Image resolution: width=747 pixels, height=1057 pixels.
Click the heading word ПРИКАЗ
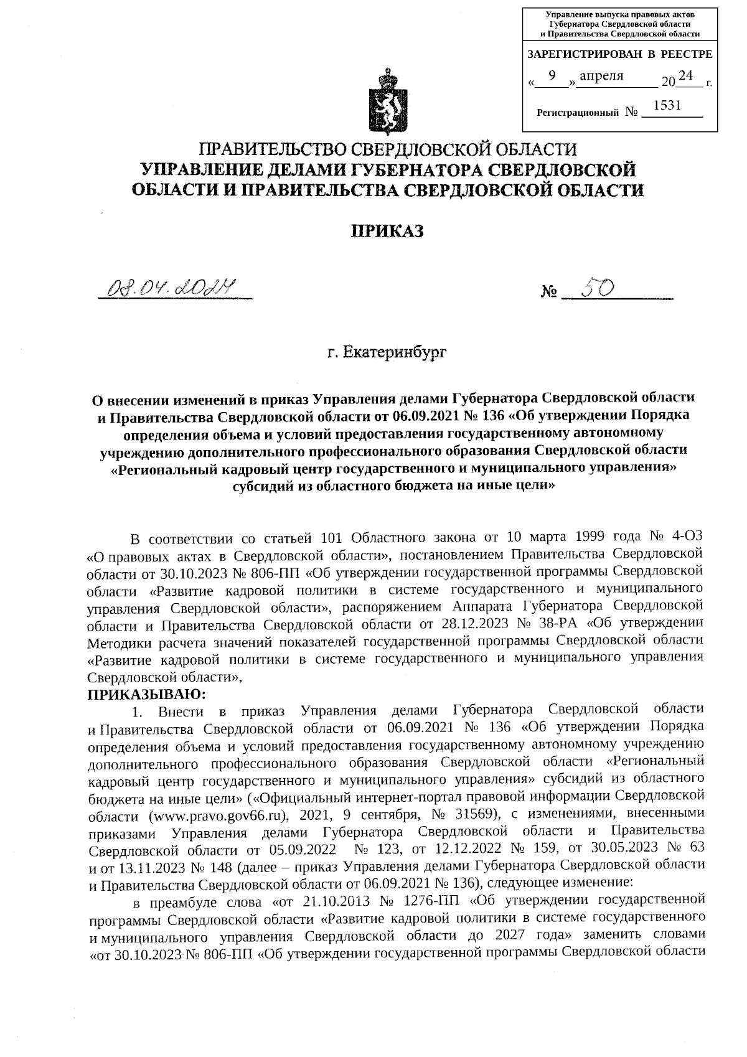tap(387, 232)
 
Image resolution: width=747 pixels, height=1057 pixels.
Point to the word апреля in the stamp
tap(601, 76)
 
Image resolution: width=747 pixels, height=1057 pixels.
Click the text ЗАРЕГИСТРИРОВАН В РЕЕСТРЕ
tap(619, 54)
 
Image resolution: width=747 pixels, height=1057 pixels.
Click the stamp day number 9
tap(552, 75)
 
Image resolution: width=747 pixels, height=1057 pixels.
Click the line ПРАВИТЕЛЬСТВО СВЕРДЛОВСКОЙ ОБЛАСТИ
tap(387, 149)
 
